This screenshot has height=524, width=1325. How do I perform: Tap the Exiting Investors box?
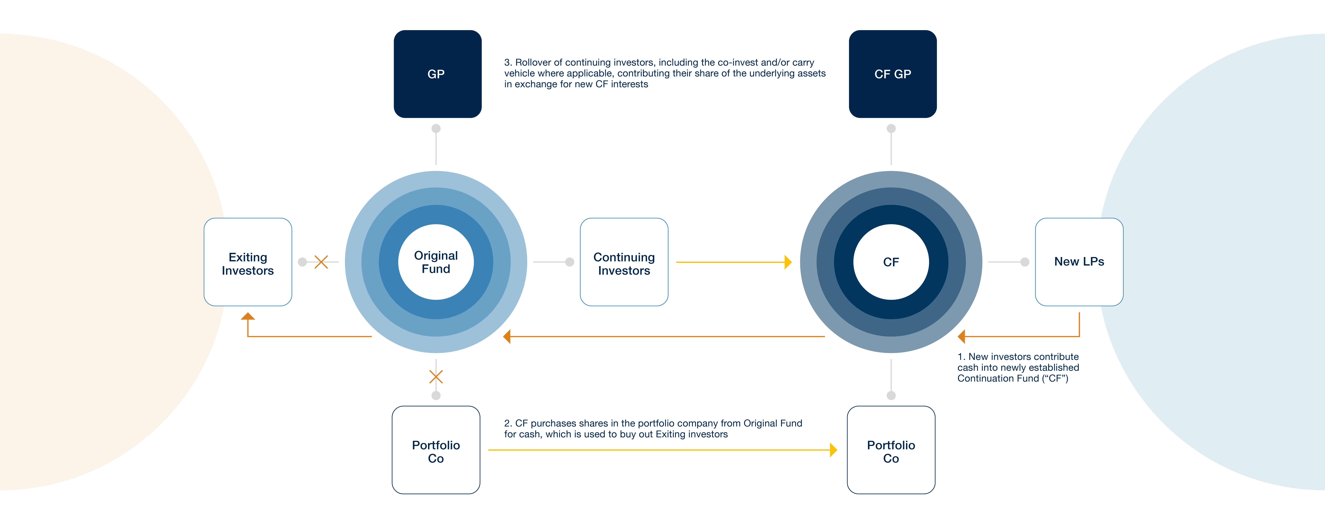[x=248, y=262]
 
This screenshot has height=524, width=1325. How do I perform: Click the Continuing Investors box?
[x=624, y=262]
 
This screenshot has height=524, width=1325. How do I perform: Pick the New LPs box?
[x=1079, y=262]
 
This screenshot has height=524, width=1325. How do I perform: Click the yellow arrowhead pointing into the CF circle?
[x=788, y=262]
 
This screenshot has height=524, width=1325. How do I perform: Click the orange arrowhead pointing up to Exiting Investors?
[x=248, y=316]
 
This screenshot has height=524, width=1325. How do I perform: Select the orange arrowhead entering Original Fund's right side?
[x=507, y=336]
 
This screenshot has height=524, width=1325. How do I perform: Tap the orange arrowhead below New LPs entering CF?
[x=961, y=336]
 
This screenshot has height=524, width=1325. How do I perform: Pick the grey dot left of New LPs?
[x=1025, y=262]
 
